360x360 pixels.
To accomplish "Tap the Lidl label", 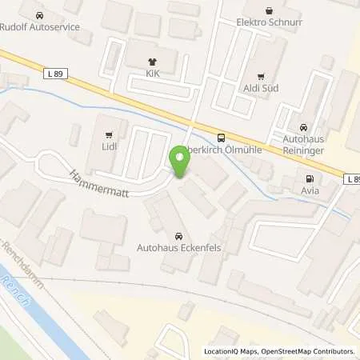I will pyautogui.click(x=110, y=147).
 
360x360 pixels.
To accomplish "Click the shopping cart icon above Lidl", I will pyautogui.click(x=110, y=134).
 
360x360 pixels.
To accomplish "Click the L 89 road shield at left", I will pyautogui.click(x=53, y=74).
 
